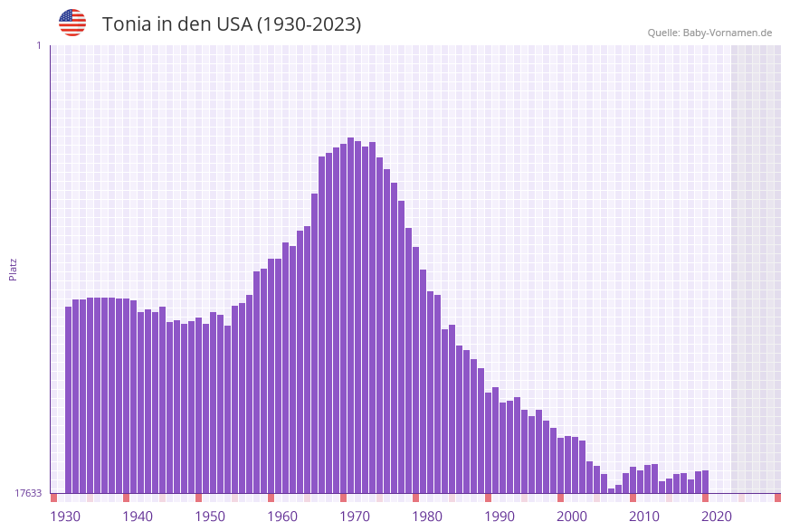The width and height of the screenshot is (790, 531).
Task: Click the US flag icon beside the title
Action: (x=72, y=23)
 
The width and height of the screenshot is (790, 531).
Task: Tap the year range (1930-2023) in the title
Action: (x=309, y=24)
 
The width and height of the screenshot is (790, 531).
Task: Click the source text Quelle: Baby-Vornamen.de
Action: (x=709, y=33)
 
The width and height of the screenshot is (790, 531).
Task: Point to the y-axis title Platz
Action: (x=14, y=269)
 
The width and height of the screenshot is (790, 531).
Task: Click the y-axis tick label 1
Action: (x=38, y=45)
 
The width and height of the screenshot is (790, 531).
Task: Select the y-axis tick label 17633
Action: (x=28, y=493)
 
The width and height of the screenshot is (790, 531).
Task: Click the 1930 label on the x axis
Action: (x=65, y=517)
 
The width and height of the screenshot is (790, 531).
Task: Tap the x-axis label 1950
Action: (x=210, y=517)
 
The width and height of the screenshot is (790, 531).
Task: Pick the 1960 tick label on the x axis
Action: (x=282, y=517)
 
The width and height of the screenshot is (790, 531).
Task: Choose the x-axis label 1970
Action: (x=355, y=517)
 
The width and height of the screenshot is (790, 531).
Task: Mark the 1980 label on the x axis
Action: (x=427, y=517)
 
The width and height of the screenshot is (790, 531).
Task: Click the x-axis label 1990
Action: (x=500, y=517)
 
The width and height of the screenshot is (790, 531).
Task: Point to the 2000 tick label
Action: (x=572, y=517)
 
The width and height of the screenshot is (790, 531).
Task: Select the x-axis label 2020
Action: (x=717, y=517)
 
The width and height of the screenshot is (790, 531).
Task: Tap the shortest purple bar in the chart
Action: (x=611, y=490)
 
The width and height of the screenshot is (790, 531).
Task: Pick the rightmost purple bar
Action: (x=705, y=481)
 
